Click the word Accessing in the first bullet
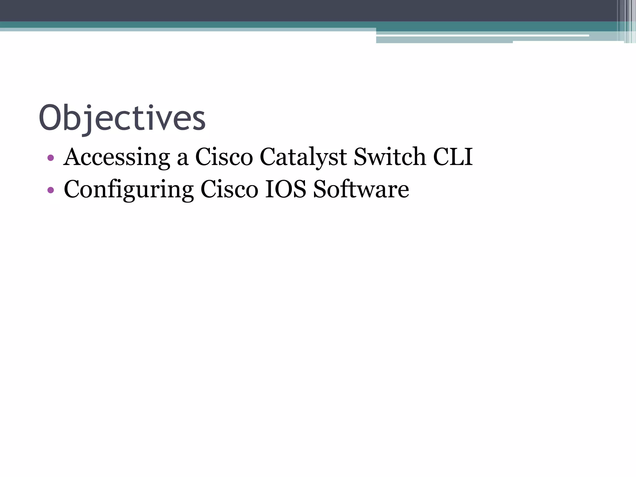click(117, 157)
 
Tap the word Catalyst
click(303, 157)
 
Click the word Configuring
click(129, 190)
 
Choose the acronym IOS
click(285, 189)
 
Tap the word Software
click(361, 189)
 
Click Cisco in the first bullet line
click(224, 157)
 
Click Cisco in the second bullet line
click(229, 189)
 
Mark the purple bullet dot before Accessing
click(51, 158)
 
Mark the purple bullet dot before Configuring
click(51, 190)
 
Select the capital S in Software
click(320, 189)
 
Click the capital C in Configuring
click(72, 189)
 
